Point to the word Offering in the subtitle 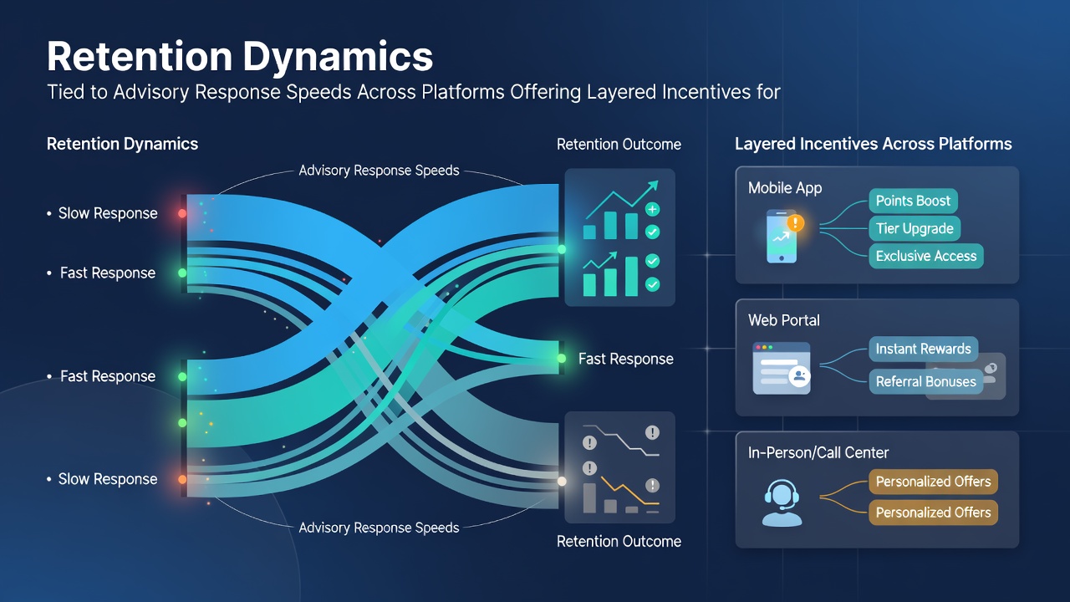[x=545, y=92]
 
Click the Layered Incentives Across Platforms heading [x=874, y=144]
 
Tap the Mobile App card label [x=785, y=188]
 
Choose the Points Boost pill [x=913, y=201]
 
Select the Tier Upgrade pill [x=915, y=228]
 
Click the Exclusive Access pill [x=925, y=256]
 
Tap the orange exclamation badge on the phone [x=795, y=222]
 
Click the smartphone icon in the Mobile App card [x=782, y=237]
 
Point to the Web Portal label [x=784, y=320]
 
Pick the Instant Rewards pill [x=923, y=349]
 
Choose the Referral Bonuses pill [x=925, y=381]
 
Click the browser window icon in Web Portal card [x=782, y=369]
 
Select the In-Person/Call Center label [x=818, y=452]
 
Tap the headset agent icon [x=782, y=503]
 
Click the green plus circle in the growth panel [x=652, y=209]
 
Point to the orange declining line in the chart [x=630, y=490]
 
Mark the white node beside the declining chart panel [x=562, y=481]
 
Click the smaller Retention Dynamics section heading [x=122, y=144]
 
